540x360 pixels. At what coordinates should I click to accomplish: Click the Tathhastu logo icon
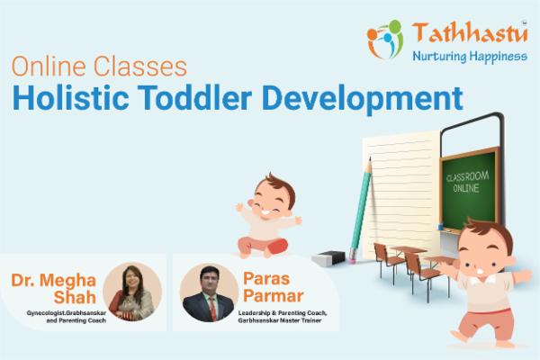click(385, 39)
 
